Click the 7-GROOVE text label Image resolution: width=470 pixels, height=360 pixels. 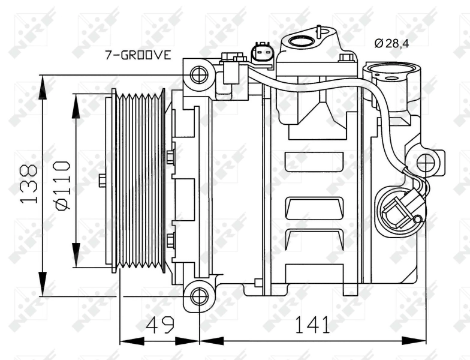click(x=138, y=56)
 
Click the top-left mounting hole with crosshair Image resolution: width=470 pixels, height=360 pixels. click(x=198, y=76)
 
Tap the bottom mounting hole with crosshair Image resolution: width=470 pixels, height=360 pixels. click(x=198, y=296)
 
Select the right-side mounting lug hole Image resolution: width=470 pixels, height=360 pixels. click(x=427, y=161)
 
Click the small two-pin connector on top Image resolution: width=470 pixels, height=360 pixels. click(x=262, y=53)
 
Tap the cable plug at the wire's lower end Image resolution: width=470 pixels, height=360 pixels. click(x=400, y=210)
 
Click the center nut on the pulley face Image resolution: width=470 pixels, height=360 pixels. click(x=102, y=180)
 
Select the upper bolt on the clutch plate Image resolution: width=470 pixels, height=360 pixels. click(x=170, y=157)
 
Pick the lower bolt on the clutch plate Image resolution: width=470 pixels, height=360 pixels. click(x=170, y=241)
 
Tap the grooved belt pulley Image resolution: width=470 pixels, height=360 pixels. click(x=138, y=180)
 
